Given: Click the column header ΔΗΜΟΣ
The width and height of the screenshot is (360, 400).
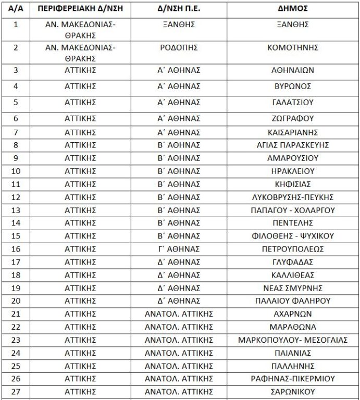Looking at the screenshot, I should coord(291,9).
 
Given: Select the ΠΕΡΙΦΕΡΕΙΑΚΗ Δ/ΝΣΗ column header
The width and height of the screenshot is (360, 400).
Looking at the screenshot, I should coord(81,9).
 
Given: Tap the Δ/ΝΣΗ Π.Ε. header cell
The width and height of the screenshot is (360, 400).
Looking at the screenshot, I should coord(179,9).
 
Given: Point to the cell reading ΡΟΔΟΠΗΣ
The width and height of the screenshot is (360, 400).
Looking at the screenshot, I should coord(179,47).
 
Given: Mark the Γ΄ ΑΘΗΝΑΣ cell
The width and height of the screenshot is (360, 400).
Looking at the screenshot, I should coord(179,249).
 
